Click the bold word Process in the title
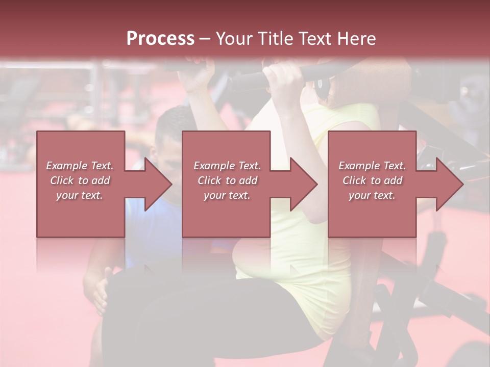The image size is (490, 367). tap(160, 38)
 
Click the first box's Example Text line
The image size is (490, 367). tap(80, 165)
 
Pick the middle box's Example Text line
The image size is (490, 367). tap(227, 165)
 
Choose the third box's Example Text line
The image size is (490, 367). tap(372, 165)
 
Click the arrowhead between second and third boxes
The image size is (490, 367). tap(303, 184)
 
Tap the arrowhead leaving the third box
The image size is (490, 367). tap(449, 184)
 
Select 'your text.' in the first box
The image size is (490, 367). tap(80, 195)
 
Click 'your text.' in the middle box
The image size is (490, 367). tap(227, 195)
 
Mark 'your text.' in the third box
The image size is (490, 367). tap(372, 195)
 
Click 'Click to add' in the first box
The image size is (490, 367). tap(80, 180)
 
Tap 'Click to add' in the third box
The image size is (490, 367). tap(372, 180)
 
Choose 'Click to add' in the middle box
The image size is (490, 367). tap(227, 180)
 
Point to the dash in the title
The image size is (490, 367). tap(205, 39)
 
